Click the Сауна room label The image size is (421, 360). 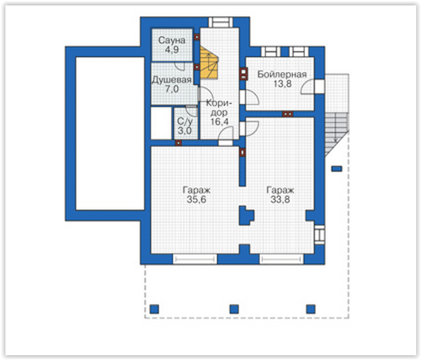point(172,41)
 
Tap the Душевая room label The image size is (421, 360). point(172,80)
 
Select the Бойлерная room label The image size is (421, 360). point(282,74)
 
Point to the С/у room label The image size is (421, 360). point(185,121)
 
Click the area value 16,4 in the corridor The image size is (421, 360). point(220,122)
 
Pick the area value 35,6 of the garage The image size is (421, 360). point(196,200)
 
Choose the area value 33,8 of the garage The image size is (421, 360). point(280,200)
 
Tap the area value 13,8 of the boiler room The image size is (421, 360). point(282,84)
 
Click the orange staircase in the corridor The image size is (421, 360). point(208,62)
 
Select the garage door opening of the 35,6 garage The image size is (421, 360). point(195,260)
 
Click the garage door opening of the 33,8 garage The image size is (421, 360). point(282,260)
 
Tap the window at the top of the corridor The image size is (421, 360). point(220,22)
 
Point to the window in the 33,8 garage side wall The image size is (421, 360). point(319,235)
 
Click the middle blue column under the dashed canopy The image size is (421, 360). point(234,309)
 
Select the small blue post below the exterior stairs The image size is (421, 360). point(337,169)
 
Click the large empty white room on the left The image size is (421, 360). point(110,133)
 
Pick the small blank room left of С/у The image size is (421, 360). point(161,123)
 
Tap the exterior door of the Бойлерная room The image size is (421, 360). point(319,87)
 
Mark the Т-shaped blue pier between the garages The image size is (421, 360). point(245,215)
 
